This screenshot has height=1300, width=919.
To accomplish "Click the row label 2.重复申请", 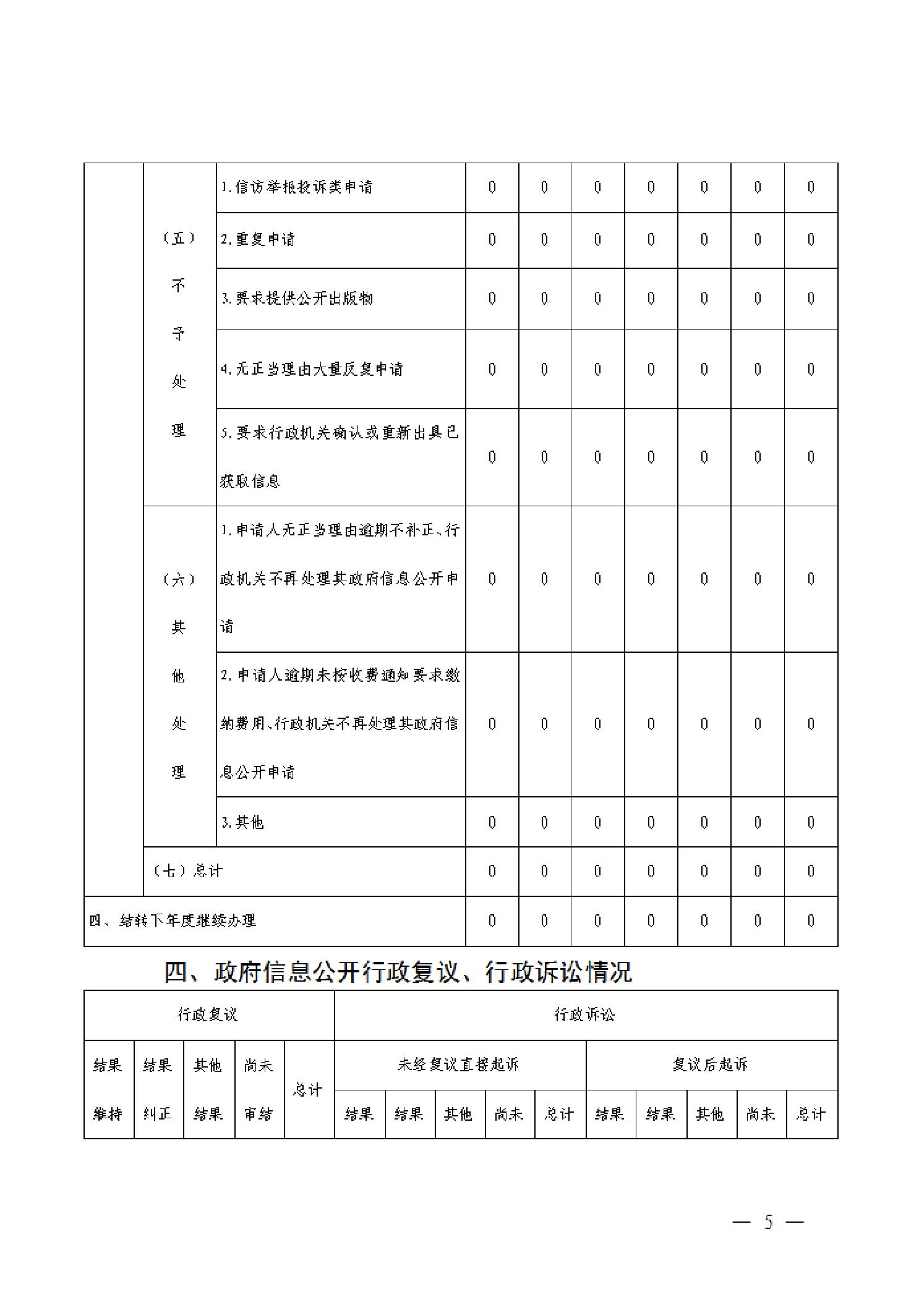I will click(259, 239).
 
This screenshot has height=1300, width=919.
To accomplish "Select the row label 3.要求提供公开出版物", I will click(297, 298).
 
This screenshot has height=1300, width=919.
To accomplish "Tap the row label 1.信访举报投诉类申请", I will click(297, 187).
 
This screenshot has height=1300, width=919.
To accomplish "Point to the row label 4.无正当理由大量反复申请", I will click(312, 369).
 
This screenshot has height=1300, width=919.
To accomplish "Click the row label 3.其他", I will click(243, 822).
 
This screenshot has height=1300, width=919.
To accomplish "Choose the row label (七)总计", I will click(187, 870).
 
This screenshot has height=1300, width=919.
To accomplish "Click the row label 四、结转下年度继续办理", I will click(173, 920).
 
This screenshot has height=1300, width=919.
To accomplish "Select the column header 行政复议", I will click(208, 1014).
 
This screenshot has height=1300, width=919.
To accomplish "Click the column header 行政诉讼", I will click(584, 1014).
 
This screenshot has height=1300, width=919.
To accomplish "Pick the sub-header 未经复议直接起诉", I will click(458, 1064).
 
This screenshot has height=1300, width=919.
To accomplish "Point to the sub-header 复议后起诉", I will click(711, 1064).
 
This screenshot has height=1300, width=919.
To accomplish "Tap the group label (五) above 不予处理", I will click(179, 239).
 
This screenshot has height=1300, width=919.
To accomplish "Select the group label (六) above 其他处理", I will click(179, 579).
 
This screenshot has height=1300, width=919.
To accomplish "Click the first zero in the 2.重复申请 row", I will click(492, 239).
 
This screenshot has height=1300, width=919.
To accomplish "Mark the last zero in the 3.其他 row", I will click(811, 822).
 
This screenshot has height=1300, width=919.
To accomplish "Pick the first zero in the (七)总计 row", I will click(492, 871).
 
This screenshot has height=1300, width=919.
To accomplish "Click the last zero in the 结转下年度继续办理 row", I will click(811, 920).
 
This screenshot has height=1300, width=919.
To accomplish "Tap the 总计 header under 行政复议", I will click(308, 1089).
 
